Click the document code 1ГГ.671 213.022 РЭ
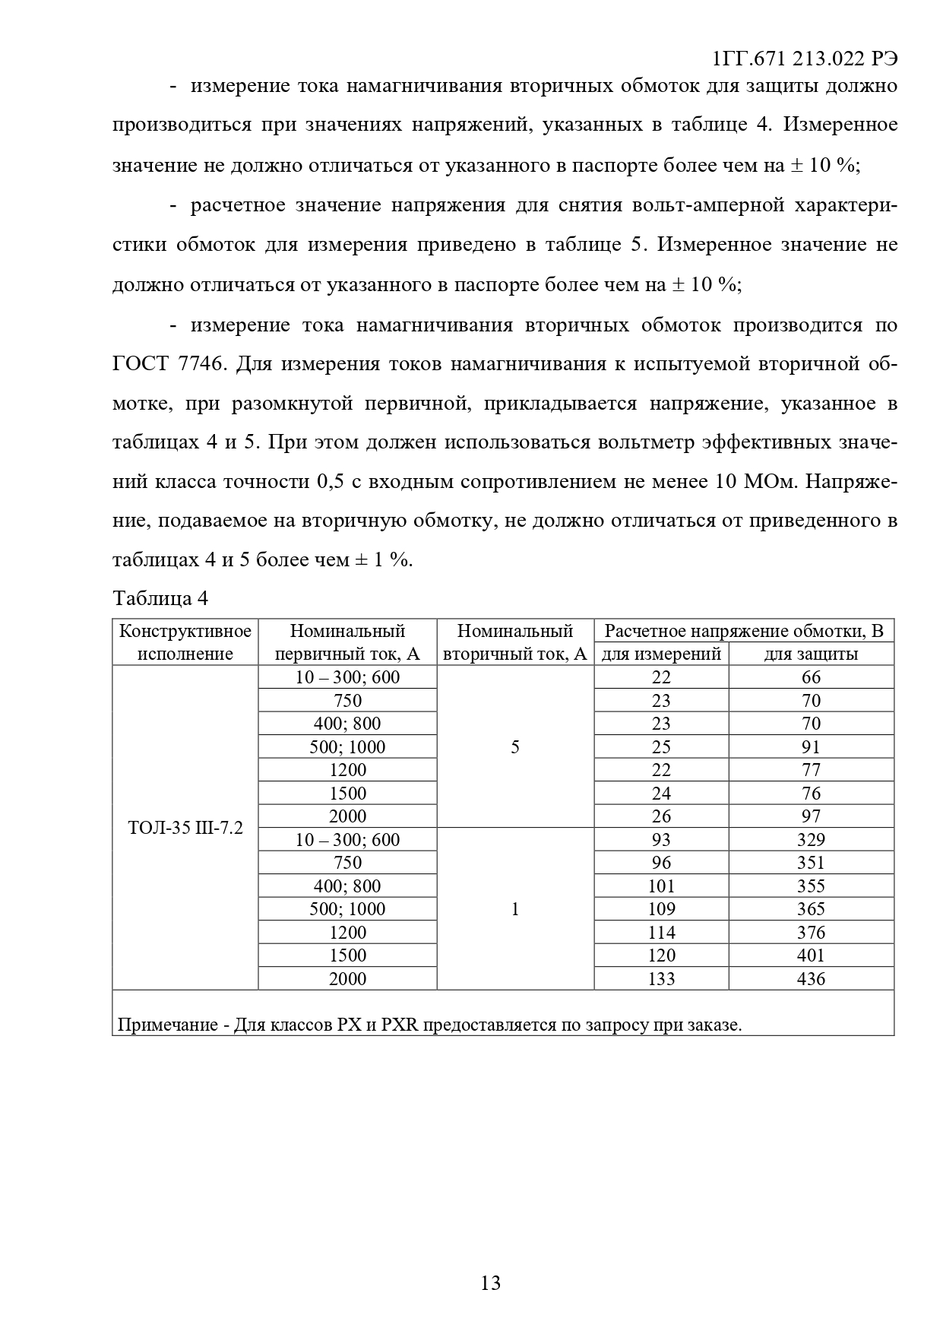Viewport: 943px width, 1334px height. [x=805, y=59]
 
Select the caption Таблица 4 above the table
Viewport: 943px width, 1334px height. [x=160, y=598]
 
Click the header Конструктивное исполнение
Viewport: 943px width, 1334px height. [x=185, y=642]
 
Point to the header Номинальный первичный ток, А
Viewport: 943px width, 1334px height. [x=347, y=642]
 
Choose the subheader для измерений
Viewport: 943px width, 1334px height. [x=661, y=654]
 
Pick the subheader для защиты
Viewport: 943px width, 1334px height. [x=811, y=654]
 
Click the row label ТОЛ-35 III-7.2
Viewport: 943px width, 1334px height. [x=185, y=828]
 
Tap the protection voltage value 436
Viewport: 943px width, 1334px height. [x=811, y=978]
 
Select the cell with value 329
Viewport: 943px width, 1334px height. [x=811, y=839]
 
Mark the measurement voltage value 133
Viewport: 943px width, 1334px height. [x=661, y=978]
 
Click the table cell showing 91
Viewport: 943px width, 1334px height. [x=811, y=746]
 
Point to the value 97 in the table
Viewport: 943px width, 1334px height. [x=811, y=816]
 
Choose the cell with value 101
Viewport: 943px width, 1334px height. [x=661, y=886]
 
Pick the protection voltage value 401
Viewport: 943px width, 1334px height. [x=811, y=955]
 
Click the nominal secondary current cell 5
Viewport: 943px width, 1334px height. [x=515, y=746]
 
